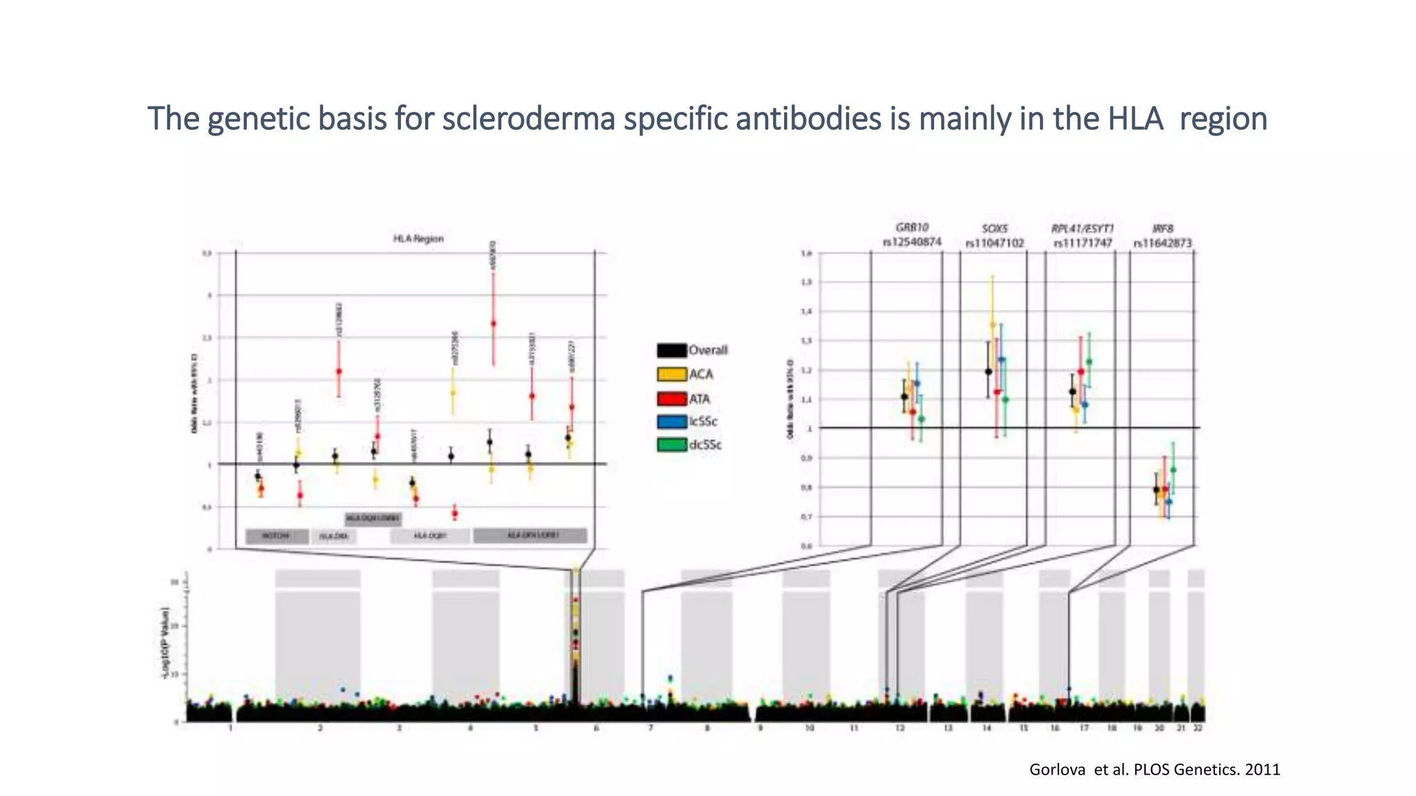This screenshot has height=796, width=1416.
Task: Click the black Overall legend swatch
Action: tap(671, 350)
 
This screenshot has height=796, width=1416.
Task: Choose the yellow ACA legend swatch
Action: tap(671, 375)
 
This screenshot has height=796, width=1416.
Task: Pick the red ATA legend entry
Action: tap(684, 399)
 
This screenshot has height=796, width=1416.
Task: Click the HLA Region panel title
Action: tap(418, 238)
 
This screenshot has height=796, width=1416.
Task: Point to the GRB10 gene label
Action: tap(912, 227)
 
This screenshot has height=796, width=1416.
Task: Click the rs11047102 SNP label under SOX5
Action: tap(995, 243)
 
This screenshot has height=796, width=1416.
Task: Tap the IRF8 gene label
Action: tap(1163, 228)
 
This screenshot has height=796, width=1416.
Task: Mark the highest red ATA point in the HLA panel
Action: tap(493, 323)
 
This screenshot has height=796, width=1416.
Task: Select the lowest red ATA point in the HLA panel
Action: tap(454, 513)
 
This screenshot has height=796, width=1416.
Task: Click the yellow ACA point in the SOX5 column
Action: tap(993, 324)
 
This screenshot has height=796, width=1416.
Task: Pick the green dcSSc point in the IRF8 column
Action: tap(1173, 470)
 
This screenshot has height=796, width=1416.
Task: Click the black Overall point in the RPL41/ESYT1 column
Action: tap(1072, 392)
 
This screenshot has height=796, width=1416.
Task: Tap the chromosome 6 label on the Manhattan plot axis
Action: tap(597, 728)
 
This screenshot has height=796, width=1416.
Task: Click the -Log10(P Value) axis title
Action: tap(165, 643)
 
